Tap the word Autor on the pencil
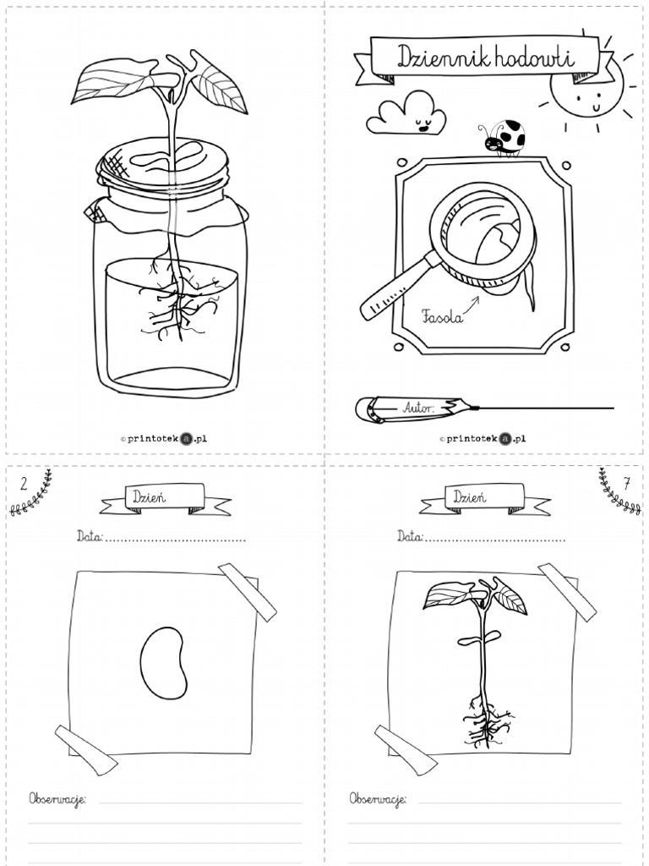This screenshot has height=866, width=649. click(417, 408)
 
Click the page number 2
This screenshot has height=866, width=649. click(24, 484)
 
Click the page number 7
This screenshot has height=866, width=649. click(625, 484)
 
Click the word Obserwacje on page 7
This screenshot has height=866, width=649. click(377, 798)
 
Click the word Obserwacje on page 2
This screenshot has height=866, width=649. click(57, 798)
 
